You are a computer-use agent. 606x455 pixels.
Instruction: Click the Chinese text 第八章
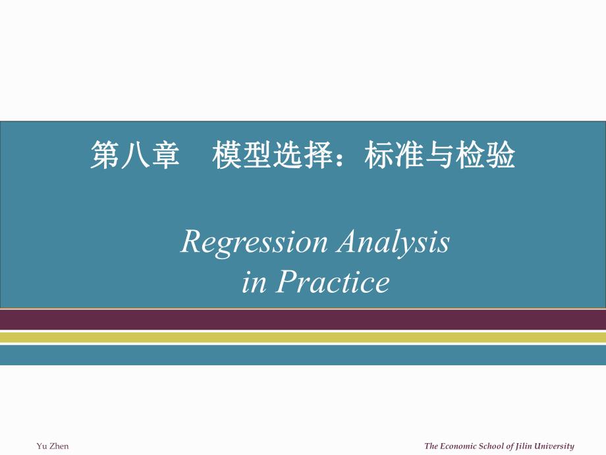pyautogui.click(x=134, y=157)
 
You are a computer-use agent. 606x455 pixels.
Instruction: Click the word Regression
pyautogui.click(x=254, y=243)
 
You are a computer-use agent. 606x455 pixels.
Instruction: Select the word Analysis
pyautogui.click(x=393, y=243)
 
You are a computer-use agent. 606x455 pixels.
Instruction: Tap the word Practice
pyautogui.click(x=332, y=283)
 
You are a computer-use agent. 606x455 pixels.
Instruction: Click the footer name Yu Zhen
pyautogui.click(x=52, y=446)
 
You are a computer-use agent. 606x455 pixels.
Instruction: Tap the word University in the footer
pyautogui.click(x=555, y=446)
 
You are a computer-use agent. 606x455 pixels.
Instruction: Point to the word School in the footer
pyautogui.click(x=498, y=446)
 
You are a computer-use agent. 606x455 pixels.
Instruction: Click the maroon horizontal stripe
pyautogui.click(x=303, y=320)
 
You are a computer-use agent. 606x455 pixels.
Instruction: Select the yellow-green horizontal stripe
pyautogui.click(x=303, y=337)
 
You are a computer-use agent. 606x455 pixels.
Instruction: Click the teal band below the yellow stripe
pyautogui.click(x=303, y=355)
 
